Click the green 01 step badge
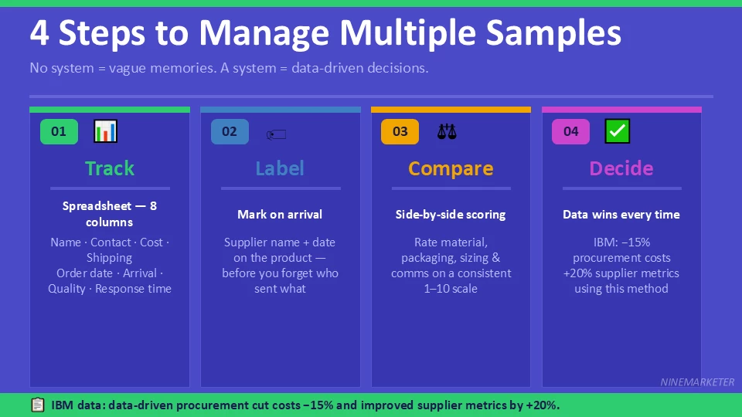(59, 131)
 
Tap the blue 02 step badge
(230, 131)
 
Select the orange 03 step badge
(400, 131)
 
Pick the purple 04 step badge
(570, 131)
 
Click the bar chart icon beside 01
(105, 131)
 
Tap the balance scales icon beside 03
(447, 131)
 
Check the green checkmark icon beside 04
(617, 131)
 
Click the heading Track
(110, 168)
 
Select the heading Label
(280, 168)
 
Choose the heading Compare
(451, 168)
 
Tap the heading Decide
(621, 168)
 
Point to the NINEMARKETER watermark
(697, 382)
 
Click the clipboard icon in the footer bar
(37, 405)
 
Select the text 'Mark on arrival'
(280, 215)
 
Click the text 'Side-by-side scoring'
(451, 215)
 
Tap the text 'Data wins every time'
(621, 215)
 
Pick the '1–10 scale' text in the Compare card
(451, 289)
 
